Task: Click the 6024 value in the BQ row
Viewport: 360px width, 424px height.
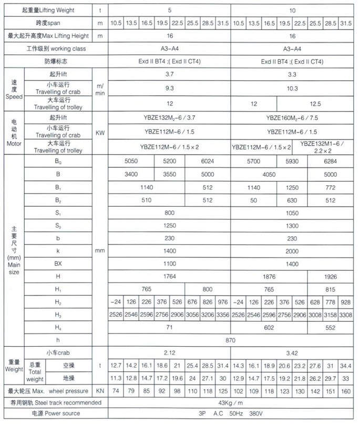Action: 208,161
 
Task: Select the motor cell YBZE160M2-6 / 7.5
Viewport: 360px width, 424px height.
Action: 292,118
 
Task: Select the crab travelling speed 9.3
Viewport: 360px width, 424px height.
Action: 169,90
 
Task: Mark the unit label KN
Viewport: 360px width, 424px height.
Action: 100,391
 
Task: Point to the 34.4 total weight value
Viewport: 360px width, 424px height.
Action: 345,365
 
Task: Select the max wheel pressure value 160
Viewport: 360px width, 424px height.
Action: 345,391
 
